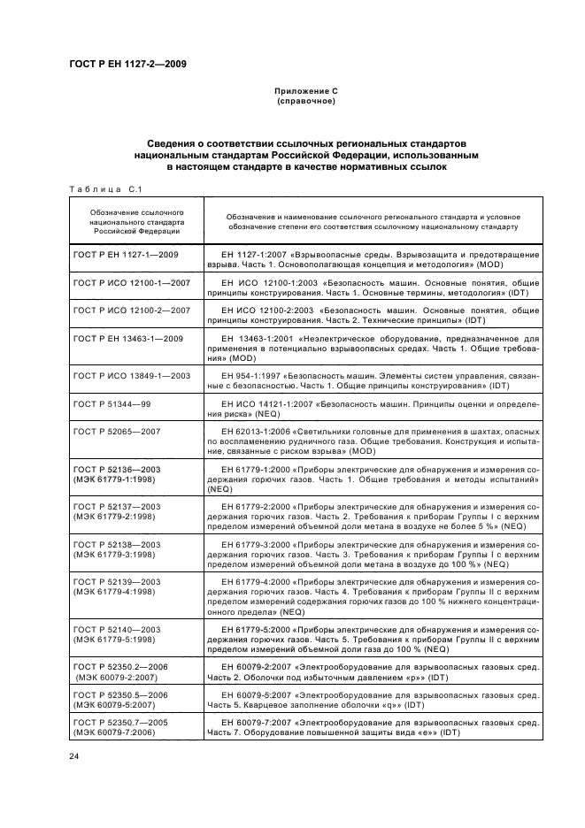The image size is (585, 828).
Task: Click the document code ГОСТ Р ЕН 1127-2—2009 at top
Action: point(127,64)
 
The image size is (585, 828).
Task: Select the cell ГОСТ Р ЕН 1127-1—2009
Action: point(127,255)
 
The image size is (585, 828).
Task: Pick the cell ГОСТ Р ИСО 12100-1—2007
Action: point(133,282)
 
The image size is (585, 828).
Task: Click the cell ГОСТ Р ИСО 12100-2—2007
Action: point(133,310)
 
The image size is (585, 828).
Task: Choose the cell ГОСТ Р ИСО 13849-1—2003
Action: point(133,376)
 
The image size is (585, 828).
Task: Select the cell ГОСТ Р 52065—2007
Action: point(117,431)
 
